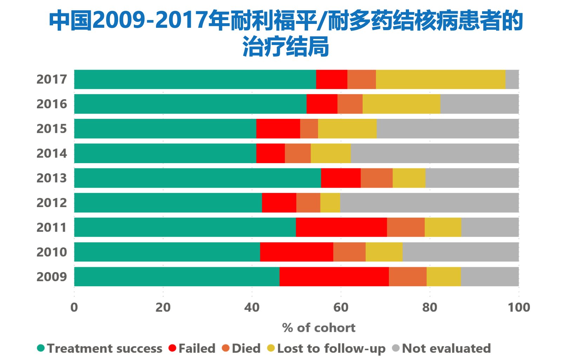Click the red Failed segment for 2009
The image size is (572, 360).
point(334,277)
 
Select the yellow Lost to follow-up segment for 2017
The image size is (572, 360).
point(440,79)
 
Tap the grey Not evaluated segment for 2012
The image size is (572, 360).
point(429,203)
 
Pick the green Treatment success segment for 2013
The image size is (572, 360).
point(197,178)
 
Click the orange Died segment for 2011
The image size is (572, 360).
point(405,227)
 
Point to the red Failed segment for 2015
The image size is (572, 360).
point(278,129)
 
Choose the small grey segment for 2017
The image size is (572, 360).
point(512,79)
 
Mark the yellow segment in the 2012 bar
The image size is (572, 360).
point(330,203)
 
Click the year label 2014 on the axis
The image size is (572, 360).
point(52,154)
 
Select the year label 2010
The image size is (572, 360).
point(52,252)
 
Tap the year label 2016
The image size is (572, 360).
point(52,104)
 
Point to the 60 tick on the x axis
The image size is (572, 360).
point(340,307)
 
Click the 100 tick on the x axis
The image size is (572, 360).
point(519,307)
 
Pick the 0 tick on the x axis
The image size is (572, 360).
point(74,307)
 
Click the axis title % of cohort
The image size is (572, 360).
point(319,328)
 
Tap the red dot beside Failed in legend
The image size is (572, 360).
point(172,348)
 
